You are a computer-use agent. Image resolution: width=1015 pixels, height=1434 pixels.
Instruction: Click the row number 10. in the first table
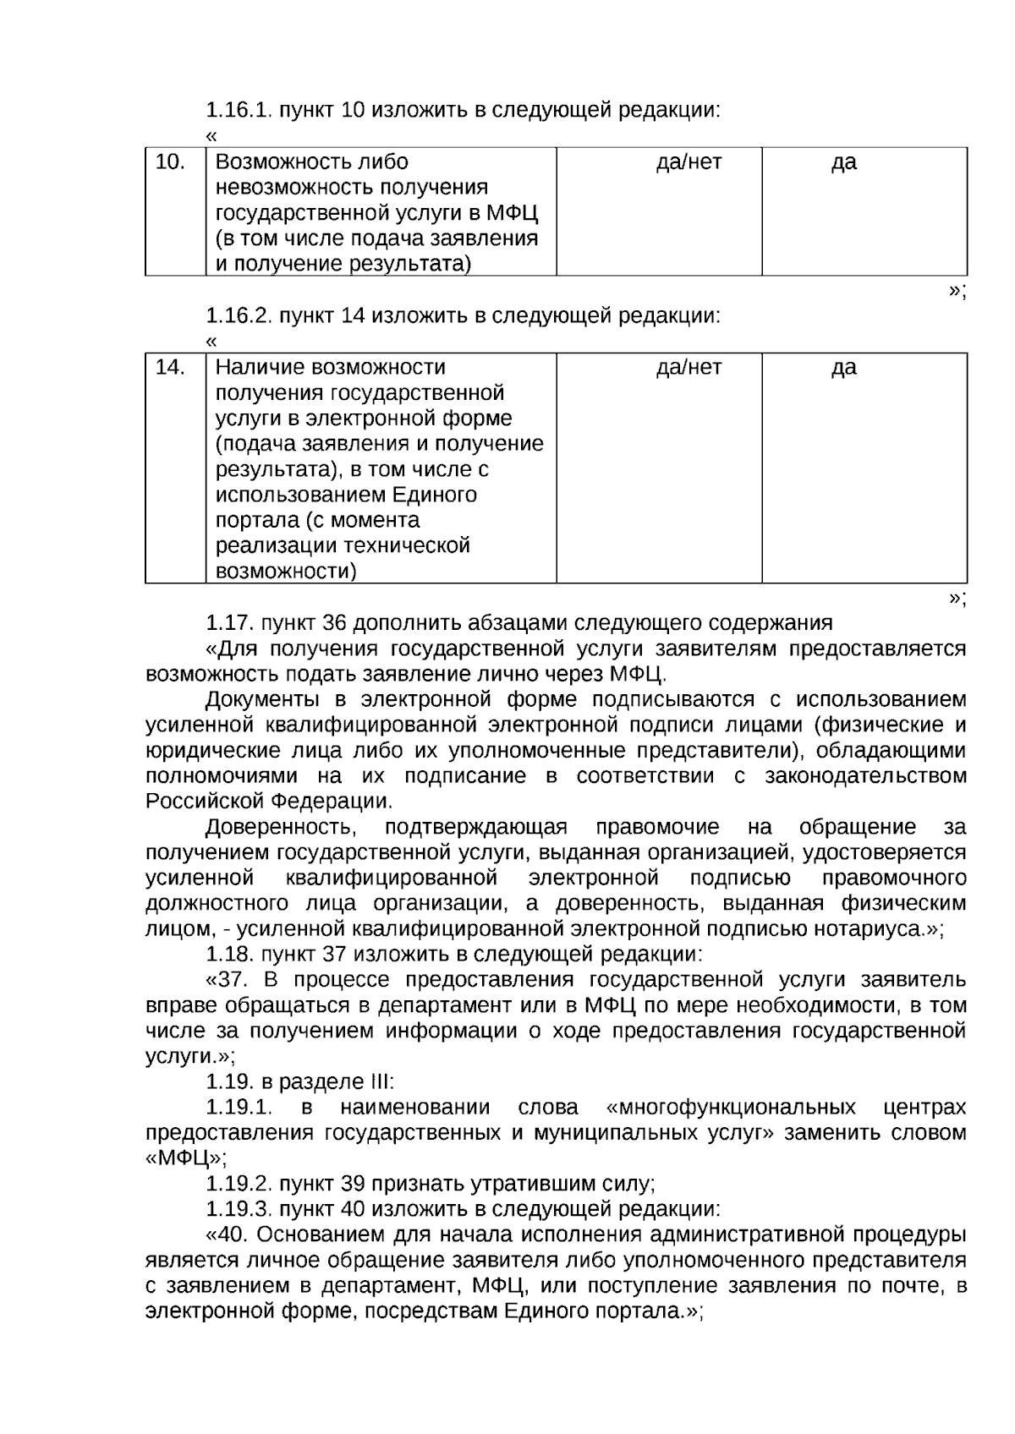pyautogui.click(x=170, y=161)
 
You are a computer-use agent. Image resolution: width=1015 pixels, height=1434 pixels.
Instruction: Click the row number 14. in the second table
pyautogui.click(x=170, y=367)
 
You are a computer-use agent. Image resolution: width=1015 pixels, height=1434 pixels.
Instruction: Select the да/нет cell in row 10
pyautogui.click(x=689, y=161)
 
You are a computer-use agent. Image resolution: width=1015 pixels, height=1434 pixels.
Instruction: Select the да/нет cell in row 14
pyautogui.click(x=689, y=367)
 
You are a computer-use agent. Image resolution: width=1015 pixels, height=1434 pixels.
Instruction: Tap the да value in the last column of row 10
pyautogui.click(x=843, y=161)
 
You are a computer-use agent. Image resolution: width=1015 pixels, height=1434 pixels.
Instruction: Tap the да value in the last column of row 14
pyautogui.click(x=843, y=367)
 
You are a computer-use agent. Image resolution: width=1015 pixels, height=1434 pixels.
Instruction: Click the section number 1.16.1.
pyautogui.click(x=239, y=110)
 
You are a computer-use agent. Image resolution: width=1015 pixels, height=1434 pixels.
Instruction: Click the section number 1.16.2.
pyautogui.click(x=239, y=316)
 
